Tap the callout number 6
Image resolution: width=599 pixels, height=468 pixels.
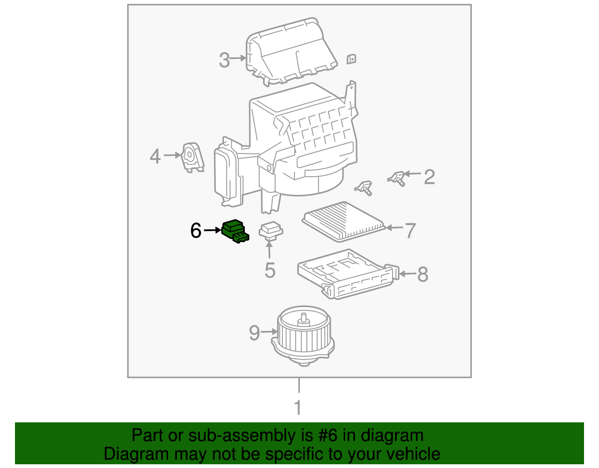(196, 231)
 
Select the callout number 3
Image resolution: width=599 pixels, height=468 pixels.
(224, 60)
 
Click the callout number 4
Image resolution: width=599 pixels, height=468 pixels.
(155, 156)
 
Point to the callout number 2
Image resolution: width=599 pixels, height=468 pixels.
(429, 176)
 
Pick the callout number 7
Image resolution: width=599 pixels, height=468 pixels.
(411, 230)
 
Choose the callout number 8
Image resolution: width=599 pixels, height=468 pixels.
(423, 274)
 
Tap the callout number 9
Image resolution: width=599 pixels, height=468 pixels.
(255, 333)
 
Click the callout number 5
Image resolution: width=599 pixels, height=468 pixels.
(270, 270)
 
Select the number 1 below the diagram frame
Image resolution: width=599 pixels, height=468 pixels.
(298, 408)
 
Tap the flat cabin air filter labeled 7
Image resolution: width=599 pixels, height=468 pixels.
(344, 221)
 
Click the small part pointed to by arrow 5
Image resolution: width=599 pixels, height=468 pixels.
(271, 230)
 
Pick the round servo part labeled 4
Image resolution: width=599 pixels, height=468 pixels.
(192, 157)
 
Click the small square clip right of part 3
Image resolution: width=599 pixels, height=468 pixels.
(351, 59)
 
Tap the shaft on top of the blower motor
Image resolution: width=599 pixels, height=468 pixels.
(303, 318)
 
